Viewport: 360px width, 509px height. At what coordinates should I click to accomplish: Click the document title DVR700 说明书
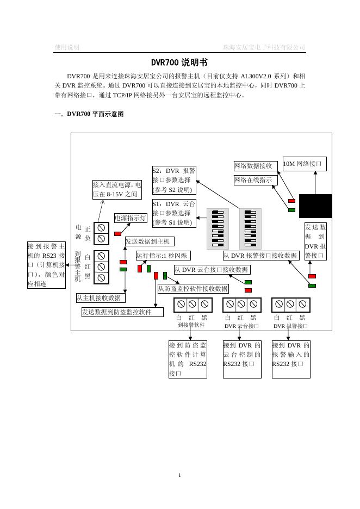click(179, 63)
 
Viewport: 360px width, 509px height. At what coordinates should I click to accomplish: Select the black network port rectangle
click(315, 206)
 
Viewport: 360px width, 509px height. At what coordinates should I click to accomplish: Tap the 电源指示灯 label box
click(131, 218)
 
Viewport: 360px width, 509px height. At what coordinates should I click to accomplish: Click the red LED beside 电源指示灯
click(118, 234)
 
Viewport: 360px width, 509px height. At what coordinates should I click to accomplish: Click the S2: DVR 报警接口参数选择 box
click(174, 180)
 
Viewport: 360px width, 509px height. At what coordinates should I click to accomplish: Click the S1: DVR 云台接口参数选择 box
click(174, 213)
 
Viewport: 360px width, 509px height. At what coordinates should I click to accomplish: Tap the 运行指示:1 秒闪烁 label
click(163, 255)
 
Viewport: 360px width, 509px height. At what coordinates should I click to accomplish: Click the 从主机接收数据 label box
click(101, 298)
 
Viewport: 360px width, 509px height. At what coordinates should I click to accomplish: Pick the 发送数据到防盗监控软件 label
click(122, 312)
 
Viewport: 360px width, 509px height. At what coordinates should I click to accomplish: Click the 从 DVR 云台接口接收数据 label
click(212, 270)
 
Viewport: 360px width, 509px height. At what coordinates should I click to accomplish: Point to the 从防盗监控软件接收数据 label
click(193, 289)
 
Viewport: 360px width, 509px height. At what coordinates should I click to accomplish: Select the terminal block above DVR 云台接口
click(241, 305)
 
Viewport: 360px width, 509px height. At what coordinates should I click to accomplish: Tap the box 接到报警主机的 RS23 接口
click(46, 265)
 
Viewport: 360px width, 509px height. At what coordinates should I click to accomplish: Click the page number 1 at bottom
click(179, 475)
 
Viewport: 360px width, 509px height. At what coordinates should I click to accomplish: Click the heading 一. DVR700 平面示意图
click(89, 114)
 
